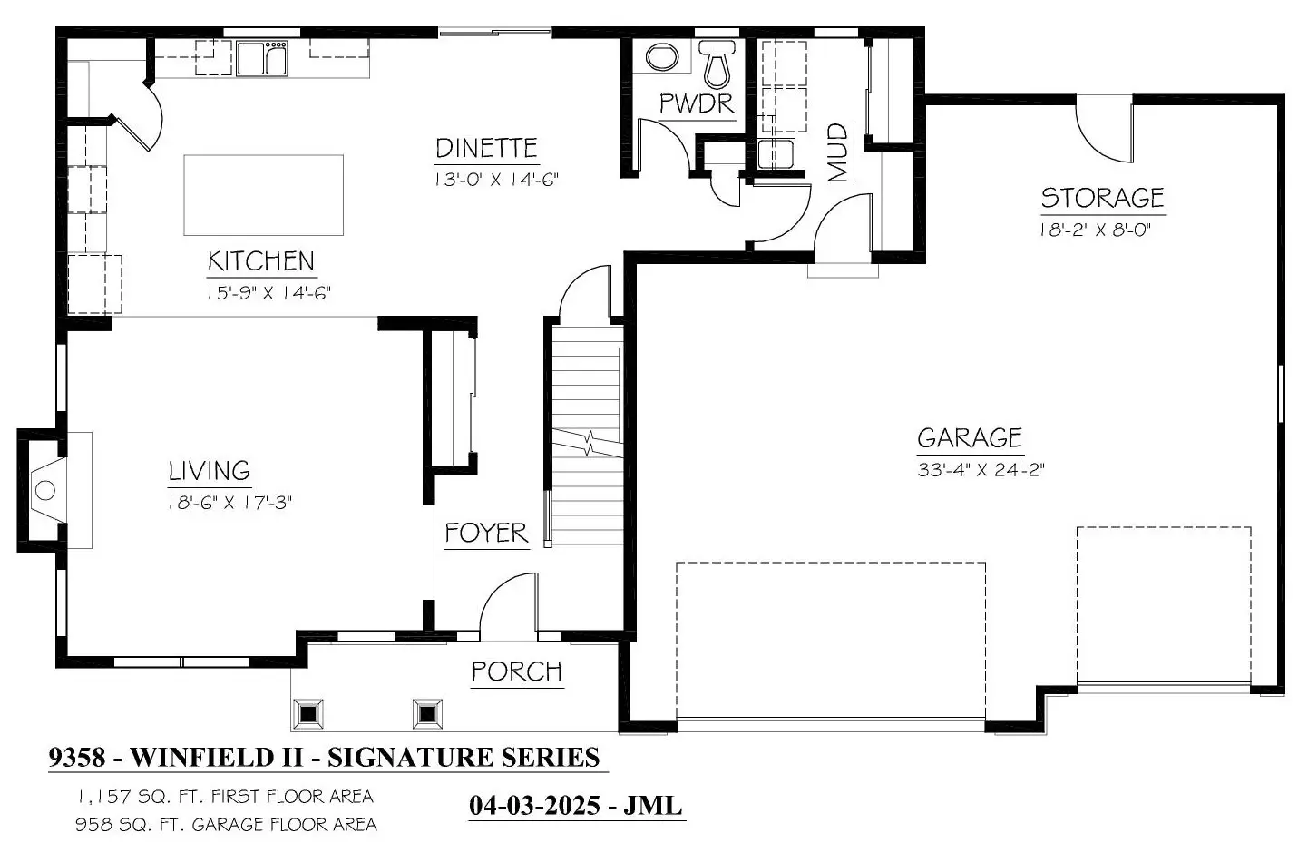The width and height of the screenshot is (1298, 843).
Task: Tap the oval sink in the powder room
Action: click(662, 57)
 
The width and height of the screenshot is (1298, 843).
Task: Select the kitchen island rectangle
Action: click(264, 195)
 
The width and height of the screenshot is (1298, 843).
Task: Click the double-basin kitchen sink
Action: click(262, 58)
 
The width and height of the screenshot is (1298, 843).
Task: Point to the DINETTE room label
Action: click(487, 149)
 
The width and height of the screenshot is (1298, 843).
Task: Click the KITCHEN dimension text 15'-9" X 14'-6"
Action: click(268, 293)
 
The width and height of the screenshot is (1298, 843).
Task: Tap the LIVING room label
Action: click(210, 470)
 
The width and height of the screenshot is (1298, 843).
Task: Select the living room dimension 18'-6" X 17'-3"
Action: click(230, 502)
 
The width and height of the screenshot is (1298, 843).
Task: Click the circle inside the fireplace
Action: click(44, 491)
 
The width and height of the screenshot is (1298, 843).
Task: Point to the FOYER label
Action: click(487, 533)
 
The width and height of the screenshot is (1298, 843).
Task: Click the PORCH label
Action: click(517, 672)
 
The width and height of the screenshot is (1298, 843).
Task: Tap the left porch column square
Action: click(308, 714)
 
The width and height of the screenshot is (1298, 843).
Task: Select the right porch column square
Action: click(427, 714)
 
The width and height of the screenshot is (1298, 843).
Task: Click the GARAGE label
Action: click(970, 437)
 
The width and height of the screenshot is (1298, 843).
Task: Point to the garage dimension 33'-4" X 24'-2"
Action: click(981, 469)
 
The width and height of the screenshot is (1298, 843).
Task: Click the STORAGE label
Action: click(1103, 198)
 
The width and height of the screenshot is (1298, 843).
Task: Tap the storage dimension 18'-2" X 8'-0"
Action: click(1095, 230)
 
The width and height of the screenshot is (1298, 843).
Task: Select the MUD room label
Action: click(838, 152)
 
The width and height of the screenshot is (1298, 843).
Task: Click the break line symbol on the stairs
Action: click(588, 443)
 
